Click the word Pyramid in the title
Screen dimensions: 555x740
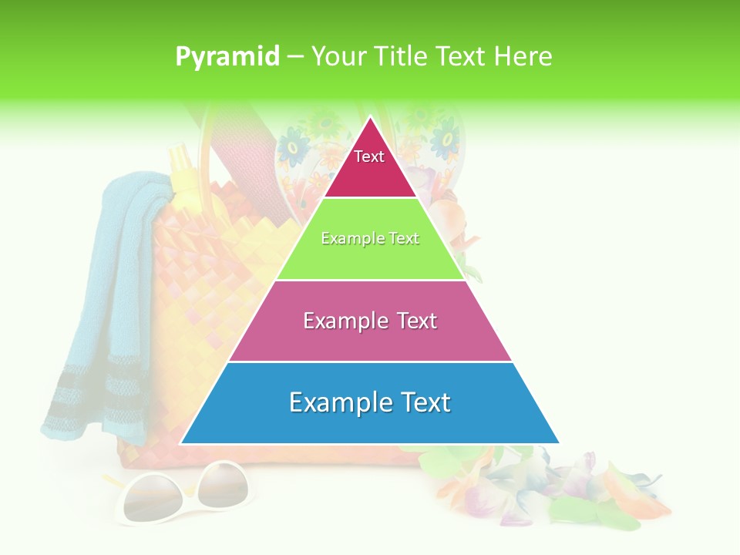point(227,57)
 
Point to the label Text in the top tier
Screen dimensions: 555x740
point(369,156)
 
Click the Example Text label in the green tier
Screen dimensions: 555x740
point(370,238)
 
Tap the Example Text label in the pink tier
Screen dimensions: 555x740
point(370,321)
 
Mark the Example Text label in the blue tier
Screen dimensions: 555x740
point(370,402)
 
